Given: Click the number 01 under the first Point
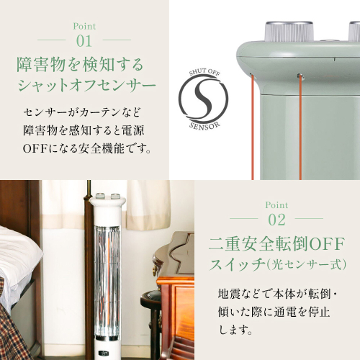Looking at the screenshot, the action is [x=84, y=41].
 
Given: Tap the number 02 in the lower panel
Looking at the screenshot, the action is [x=276, y=220].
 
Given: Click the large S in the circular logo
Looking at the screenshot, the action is [x=204, y=99].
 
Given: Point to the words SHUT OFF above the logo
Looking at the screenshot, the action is [x=204, y=72].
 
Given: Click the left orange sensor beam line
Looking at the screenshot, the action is [x=253, y=128].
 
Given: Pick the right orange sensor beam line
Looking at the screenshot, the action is [x=300, y=127].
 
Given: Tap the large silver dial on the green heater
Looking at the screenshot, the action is [x=289, y=32].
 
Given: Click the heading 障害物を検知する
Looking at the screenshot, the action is [x=80, y=65].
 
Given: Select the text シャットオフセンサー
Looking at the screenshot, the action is [x=87, y=85].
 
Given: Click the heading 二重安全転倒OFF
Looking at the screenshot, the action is [x=276, y=244].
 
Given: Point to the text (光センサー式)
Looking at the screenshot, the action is [x=306, y=264].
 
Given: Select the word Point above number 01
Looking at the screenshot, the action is [x=84, y=26].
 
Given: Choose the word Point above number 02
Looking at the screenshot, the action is [x=276, y=205].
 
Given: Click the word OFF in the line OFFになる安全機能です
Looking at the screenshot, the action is [x=35, y=149].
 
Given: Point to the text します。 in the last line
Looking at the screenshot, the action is [x=235, y=330].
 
